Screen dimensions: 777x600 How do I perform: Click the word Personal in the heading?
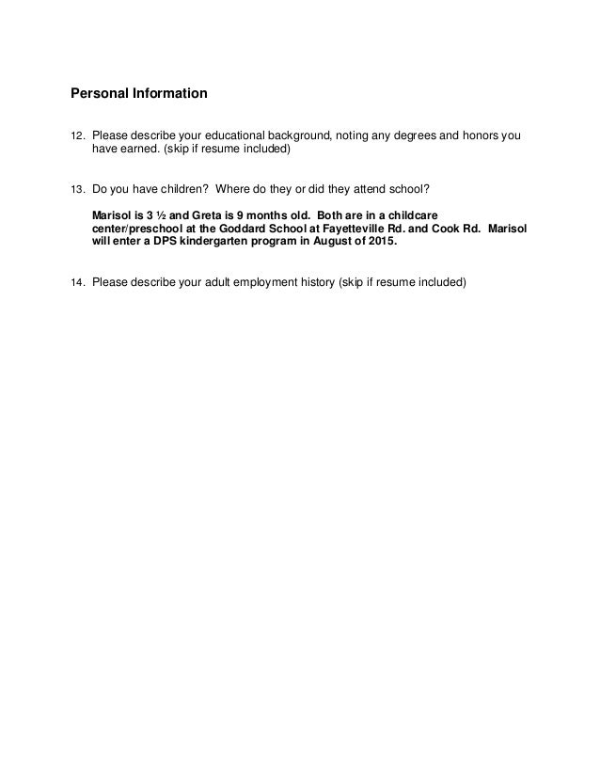tap(99, 94)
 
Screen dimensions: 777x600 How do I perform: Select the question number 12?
tap(78, 136)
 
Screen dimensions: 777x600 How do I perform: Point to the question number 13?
tap(78, 188)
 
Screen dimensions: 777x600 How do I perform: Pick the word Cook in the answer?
tap(455, 228)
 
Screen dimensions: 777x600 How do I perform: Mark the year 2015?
tap(383, 241)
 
